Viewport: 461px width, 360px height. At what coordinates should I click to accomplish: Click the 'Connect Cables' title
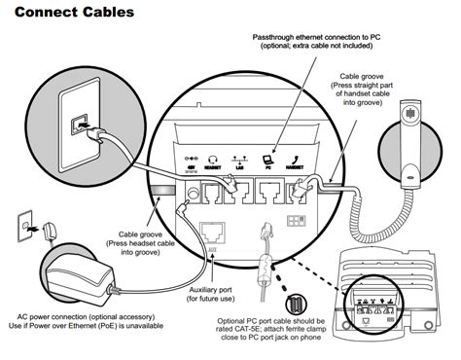tap(72, 14)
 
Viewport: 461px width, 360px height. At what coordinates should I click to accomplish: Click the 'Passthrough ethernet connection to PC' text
tap(317, 37)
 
